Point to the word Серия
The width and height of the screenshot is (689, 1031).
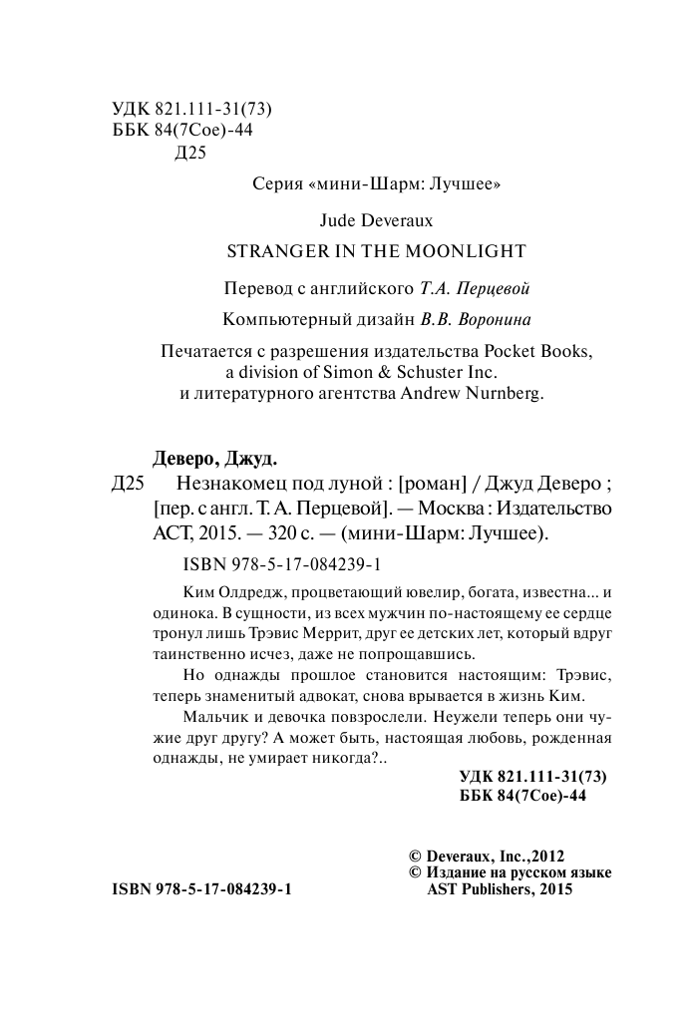[x=274, y=183]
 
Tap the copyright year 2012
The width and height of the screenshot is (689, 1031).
[x=549, y=856]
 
